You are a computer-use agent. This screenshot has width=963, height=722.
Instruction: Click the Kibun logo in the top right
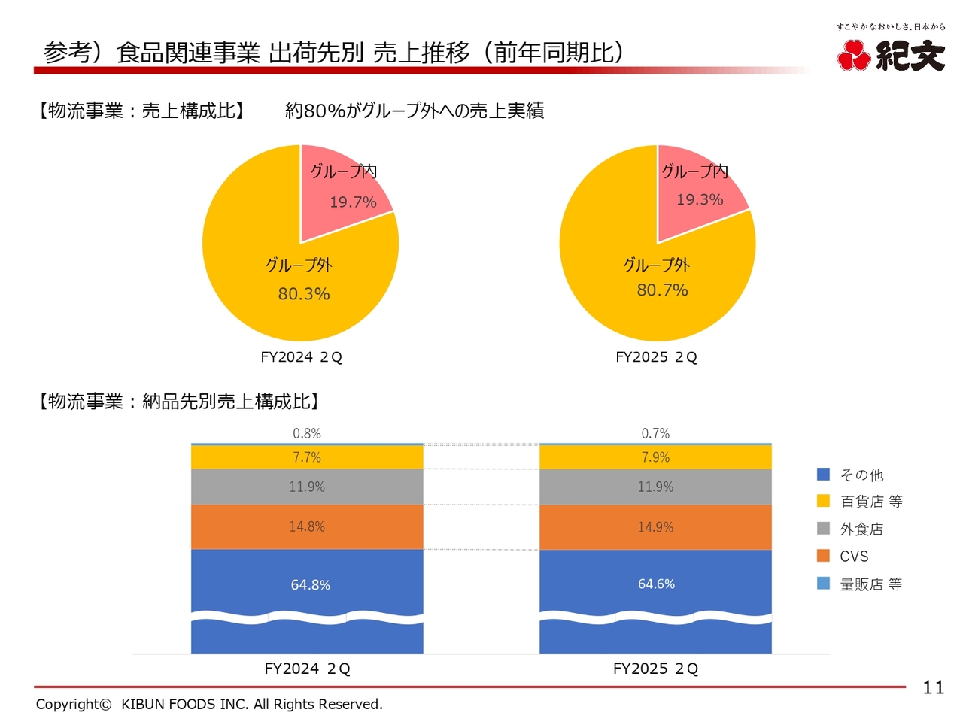891,54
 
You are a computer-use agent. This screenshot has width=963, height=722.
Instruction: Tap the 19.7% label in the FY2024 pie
353,202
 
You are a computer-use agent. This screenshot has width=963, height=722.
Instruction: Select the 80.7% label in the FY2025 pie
662,290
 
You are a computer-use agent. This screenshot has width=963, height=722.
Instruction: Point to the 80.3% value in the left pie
304,294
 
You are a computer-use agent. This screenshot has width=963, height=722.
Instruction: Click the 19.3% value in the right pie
700,200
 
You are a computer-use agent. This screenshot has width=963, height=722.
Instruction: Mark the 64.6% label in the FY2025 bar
656,584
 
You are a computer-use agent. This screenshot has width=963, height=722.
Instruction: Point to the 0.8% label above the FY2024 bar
307,434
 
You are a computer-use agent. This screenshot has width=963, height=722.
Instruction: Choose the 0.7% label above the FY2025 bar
655,434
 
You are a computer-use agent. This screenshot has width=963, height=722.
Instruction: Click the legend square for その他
824,475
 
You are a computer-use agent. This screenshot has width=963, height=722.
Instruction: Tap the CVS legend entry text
854,557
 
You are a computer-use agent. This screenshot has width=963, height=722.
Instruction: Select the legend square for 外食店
824,529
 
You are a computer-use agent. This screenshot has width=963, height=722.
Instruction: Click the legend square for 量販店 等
824,584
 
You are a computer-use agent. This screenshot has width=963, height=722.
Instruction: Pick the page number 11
933,687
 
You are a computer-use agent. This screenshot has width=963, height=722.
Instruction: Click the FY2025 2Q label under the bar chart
655,669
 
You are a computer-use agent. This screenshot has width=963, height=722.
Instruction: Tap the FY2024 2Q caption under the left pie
301,357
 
